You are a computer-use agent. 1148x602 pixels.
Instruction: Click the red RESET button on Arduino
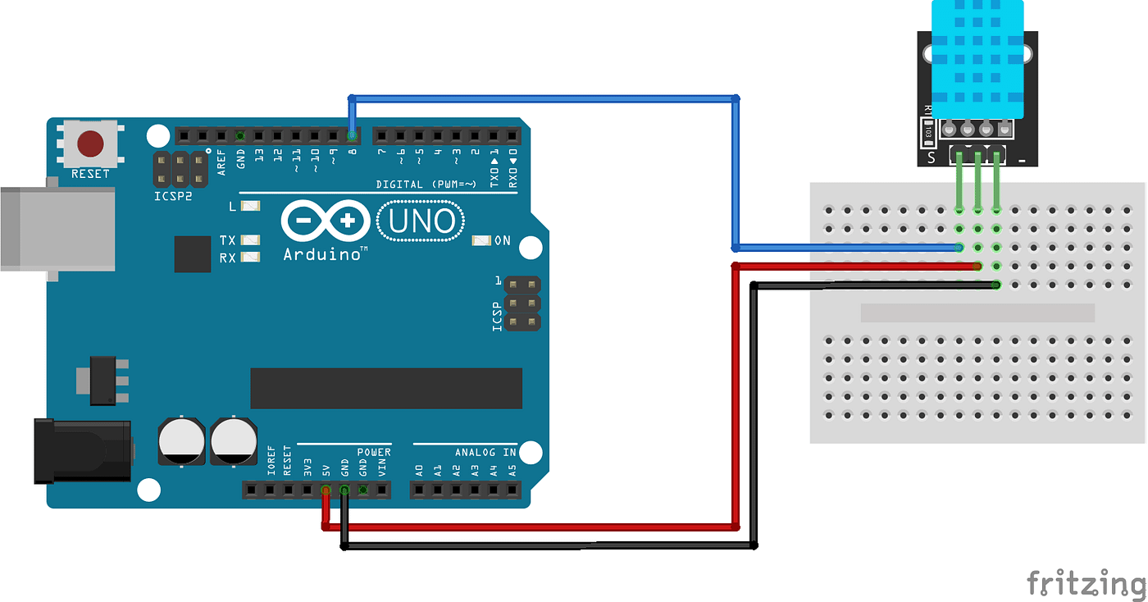(90, 144)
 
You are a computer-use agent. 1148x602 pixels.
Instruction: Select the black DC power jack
(82, 450)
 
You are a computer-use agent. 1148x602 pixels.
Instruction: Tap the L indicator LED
(251, 207)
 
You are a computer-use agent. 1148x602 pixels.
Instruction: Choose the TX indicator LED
(251, 240)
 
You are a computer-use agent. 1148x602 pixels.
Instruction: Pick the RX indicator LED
(251, 258)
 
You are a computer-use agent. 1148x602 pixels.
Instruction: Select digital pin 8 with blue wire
(352, 135)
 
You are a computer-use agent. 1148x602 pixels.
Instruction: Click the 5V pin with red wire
(326, 491)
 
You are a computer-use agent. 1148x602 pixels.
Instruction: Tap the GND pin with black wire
(344, 491)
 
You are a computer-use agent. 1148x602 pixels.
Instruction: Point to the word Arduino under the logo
(325, 255)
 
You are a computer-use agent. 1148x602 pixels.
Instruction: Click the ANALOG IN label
(486, 453)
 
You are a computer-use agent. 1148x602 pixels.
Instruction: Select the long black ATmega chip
(386, 388)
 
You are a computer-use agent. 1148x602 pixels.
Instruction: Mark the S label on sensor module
(931, 157)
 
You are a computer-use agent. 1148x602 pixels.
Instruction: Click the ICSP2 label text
(173, 197)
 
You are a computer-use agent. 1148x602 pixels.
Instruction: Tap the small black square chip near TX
(193, 254)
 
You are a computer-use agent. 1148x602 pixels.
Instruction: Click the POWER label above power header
(374, 453)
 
